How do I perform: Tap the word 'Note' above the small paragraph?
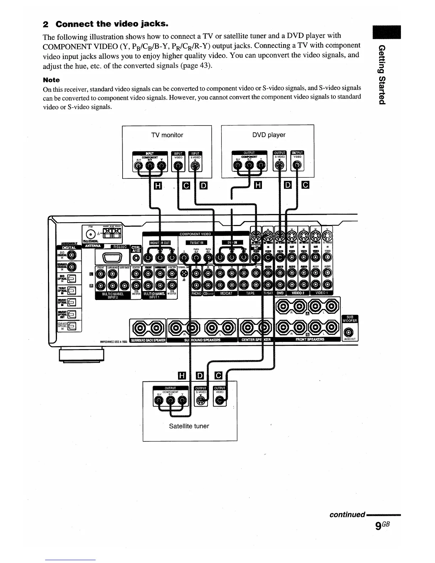click(51, 80)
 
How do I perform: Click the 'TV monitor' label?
click(167, 135)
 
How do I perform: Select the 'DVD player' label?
click(269, 135)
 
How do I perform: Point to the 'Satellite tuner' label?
click(189, 426)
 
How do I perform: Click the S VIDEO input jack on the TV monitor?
click(195, 165)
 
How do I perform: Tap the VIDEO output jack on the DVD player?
click(297, 165)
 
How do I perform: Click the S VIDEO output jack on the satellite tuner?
click(201, 401)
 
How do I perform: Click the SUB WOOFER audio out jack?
click(349, 332)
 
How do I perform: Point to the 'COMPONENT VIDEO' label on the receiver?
click(195, 234)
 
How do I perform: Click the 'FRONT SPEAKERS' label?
click(310, 339)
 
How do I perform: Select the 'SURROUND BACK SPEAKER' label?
click(148, 340)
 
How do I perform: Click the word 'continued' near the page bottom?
click(347, 514)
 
